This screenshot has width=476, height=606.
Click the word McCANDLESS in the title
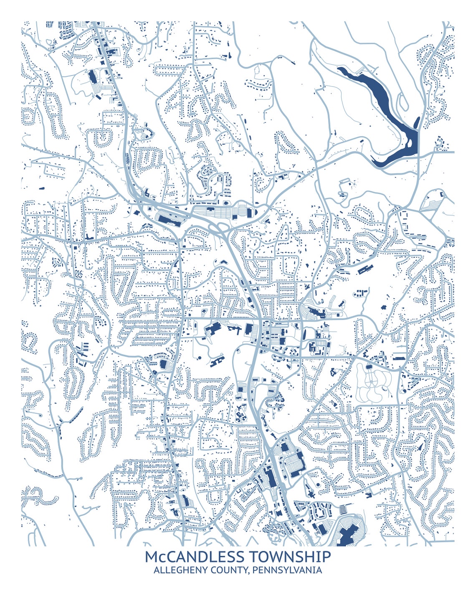194,557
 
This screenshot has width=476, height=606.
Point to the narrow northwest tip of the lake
340,69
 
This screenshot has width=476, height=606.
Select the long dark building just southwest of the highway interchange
169,218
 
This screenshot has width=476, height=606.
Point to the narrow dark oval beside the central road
304,335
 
